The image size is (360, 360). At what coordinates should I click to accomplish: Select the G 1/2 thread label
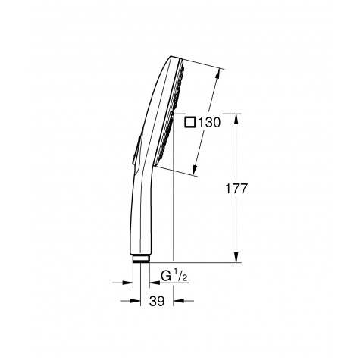175,277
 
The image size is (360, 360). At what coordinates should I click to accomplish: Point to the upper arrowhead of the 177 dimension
239,117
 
